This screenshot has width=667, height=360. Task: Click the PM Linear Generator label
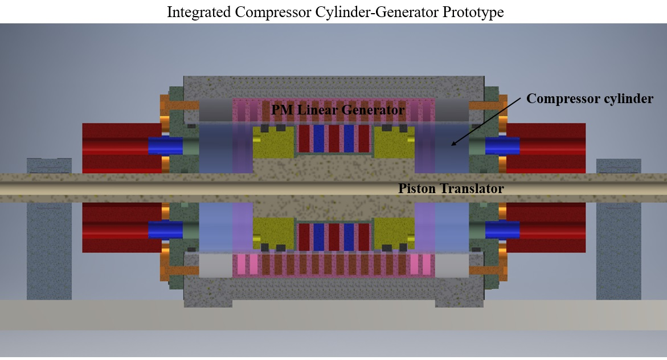338,109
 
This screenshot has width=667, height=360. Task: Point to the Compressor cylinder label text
590,99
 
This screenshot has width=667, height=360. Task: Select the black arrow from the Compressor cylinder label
484,121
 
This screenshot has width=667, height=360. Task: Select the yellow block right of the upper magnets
394,142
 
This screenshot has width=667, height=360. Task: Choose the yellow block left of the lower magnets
273,233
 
